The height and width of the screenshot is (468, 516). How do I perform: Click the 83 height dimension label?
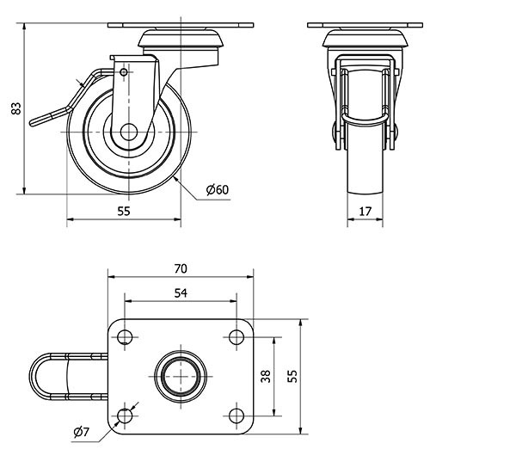coord(15,109)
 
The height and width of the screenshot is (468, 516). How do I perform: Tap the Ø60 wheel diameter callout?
coord(218,190)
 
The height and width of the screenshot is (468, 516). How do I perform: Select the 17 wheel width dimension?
coord(365,211)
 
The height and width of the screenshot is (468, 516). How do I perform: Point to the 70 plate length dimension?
coord(181,268)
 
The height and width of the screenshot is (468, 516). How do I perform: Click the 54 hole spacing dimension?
coord(181,293)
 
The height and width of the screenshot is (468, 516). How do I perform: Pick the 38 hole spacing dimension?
coord(266,376)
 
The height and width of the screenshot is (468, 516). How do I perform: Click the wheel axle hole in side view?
coord(128,133)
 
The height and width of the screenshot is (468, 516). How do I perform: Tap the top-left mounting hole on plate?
coord(126,336)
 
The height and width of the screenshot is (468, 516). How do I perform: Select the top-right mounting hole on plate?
coord(236,336)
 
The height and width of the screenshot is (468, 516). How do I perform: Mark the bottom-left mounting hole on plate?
coord(126,416)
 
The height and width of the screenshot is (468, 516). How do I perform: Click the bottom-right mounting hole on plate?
coord(236,416)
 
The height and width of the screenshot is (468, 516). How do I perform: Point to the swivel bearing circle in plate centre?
coord(181,376)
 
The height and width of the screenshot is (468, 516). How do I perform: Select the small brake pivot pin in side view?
coord(124,73)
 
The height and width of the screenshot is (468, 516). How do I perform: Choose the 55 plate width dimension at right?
coord(292,376)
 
